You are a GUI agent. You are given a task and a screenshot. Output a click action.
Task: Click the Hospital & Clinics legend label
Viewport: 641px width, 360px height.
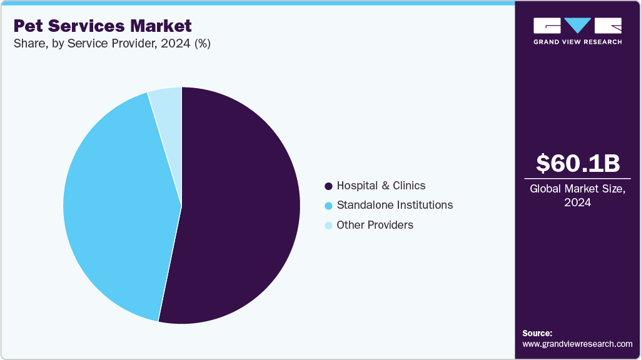(x=381, y=186)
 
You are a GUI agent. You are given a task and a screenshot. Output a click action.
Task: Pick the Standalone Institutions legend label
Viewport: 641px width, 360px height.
(x=395, y=205)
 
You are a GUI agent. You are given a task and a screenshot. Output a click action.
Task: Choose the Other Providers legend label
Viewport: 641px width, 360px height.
(x=375, y=225)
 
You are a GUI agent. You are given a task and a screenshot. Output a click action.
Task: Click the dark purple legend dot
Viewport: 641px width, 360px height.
(x=328, y=186)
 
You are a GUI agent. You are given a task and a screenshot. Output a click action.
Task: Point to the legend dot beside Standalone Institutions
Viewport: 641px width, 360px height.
(x=328, y=206)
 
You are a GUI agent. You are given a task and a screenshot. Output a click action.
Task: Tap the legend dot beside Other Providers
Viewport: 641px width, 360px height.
(x=328, y=226)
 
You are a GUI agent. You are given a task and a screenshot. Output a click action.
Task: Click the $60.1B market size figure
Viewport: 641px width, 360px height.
(x=578, y=163)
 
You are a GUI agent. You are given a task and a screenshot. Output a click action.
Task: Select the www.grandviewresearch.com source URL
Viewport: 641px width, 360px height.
(x=577, y=344)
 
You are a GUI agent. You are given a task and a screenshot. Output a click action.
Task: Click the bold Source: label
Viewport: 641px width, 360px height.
(x=537, y=333)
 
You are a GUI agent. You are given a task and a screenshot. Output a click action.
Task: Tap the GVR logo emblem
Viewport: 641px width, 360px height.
(x=577, y=25)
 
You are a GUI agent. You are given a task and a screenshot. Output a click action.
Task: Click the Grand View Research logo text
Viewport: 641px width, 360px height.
(x=577, y=42)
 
